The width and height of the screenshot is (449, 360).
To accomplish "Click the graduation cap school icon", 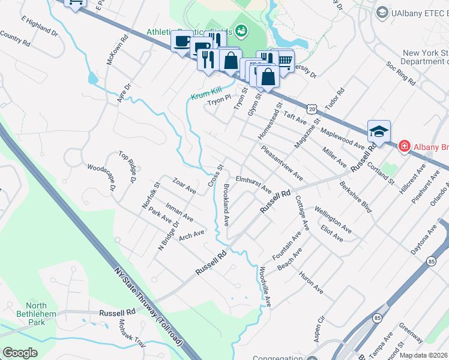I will (379, 131).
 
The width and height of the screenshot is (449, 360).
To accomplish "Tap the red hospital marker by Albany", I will (405, 146).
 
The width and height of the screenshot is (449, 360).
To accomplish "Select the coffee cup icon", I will (182, 41).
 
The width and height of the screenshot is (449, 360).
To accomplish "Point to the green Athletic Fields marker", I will (241, 29).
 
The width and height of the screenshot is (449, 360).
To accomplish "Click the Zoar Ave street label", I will (184, 185).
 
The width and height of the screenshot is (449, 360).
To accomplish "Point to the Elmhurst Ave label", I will (254, 184).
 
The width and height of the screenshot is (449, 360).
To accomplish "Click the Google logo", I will (20, 353).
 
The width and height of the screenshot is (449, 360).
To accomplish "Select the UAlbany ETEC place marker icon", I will (381, 12).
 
